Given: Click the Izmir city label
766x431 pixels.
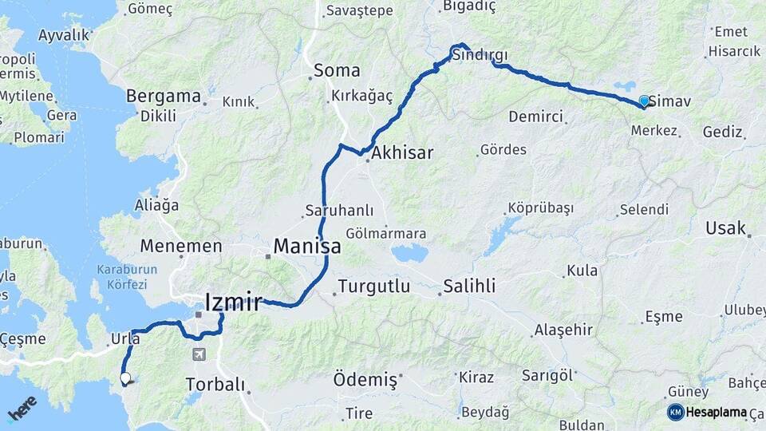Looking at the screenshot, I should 233,302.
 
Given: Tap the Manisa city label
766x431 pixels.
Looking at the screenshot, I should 307,247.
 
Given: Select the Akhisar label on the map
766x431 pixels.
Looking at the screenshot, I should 402,152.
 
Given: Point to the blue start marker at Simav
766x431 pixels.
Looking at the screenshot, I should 644,101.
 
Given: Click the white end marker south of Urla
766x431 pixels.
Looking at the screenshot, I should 125,378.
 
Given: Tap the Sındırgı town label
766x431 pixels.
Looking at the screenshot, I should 479,56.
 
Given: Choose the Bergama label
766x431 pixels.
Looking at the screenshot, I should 164,97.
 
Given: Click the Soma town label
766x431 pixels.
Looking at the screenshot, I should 337,70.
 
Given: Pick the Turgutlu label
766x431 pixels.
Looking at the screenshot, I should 374,286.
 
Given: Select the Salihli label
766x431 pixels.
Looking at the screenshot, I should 470,286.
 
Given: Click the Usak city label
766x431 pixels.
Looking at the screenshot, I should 725,229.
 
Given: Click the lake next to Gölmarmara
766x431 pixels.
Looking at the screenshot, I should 409,255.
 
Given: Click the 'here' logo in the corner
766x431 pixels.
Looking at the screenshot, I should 22,408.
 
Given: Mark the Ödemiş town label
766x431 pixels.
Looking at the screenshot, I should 365,380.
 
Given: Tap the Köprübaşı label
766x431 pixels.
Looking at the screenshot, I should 540,208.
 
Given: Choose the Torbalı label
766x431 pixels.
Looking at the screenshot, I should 215,385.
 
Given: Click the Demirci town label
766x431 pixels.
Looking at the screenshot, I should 535,117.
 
